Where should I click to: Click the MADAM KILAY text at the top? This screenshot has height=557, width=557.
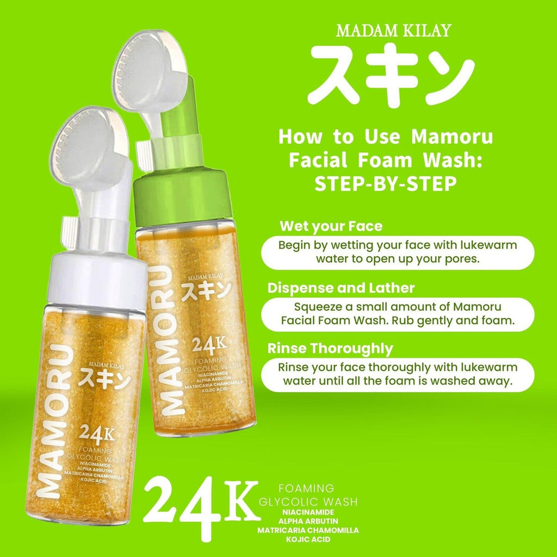pos(394,30)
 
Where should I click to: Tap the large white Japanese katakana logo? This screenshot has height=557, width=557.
pos(391,76)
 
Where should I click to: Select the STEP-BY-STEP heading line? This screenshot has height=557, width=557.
pos(386,184)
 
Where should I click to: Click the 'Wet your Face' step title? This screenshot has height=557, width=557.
pos(331,226)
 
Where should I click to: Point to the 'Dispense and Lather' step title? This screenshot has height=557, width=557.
pos(341,288)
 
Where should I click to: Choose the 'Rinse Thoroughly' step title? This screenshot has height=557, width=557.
pos(330,349)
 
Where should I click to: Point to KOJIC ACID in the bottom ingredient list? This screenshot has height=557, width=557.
pos(308,540)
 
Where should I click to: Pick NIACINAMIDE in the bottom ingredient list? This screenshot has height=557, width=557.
pos(308,512)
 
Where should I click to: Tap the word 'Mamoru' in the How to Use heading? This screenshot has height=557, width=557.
pos(452,137)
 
